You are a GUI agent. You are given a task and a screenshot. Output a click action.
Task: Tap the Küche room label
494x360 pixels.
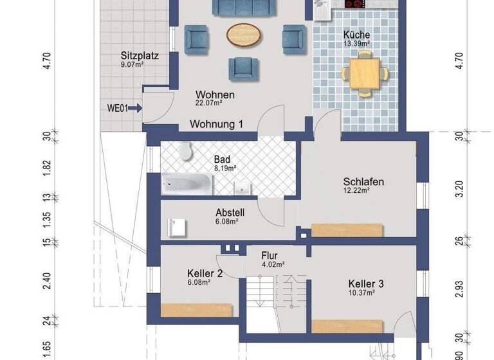tap(356, 35)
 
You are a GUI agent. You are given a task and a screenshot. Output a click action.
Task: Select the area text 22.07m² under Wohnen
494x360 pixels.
tap(208, 102)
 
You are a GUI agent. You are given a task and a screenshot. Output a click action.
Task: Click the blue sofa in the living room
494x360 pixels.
tap(240, 7)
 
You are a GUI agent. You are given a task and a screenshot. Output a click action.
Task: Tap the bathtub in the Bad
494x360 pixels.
tap(187, 184)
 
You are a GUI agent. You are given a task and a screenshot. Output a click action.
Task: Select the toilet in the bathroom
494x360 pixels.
tap(187, 152)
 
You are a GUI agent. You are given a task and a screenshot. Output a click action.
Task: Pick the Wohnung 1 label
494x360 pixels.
tap(215, 124)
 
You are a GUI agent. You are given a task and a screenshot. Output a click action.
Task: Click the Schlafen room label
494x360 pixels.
tap(363, 182)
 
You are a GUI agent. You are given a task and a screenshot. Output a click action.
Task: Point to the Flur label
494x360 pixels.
tap(269, 255)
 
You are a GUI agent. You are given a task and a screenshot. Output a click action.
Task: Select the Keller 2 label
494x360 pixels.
tap(205, 273)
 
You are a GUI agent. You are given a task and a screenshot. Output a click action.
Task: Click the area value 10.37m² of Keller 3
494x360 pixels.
tap(362, 292)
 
